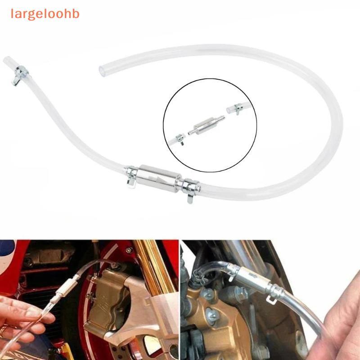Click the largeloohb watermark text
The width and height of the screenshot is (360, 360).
(x=45, y=14)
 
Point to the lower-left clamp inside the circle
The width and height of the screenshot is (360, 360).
(x=180, y=139)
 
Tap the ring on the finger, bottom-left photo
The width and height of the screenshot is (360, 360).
(x=3, y=331)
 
